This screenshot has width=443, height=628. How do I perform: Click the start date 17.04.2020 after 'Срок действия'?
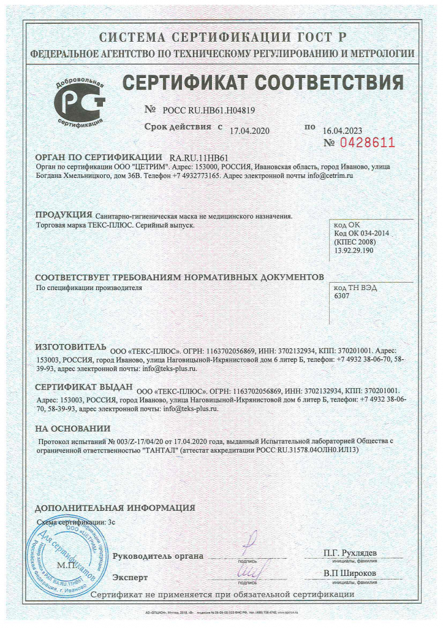[249, 130]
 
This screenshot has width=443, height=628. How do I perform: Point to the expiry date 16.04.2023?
[343, 130]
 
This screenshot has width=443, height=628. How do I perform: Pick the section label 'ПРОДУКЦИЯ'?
[64, 214]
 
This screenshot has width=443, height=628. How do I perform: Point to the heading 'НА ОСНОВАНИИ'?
[72, 428]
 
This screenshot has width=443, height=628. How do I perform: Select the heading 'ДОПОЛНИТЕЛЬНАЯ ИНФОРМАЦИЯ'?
[115, 508]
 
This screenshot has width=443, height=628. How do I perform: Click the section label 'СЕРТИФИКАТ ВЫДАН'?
[84, 388]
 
